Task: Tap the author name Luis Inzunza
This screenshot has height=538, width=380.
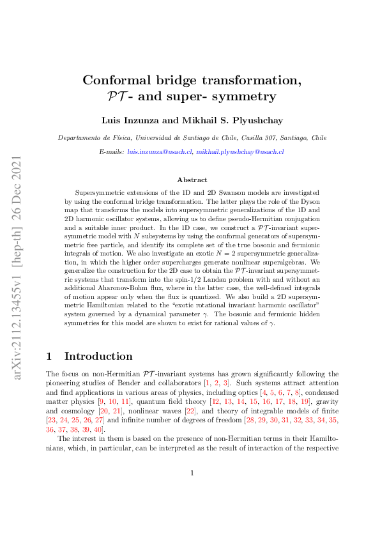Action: (128, 119)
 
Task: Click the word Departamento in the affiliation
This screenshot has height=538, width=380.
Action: (79, 137)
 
